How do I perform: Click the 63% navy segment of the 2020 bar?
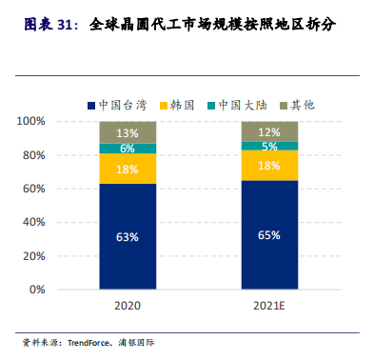click(x=128, y=236)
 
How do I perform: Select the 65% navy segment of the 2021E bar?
click(x=269, y=235)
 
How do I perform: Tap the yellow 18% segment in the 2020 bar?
click(x=128, y=169)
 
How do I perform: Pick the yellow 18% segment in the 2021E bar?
click(x=269, y=166)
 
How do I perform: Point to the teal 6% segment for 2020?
click(x=128, y=149)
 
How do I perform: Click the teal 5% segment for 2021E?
click(x=269, y=146)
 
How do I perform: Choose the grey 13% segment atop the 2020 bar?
click(x=128, y=132)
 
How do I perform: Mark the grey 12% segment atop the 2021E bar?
click(x=269, y=131)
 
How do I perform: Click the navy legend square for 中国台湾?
click(x=91, y=106)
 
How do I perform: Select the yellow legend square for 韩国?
click(x=164, y=106)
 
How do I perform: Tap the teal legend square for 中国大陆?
click(x=211, y=106)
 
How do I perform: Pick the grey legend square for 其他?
click(x=284, y=106)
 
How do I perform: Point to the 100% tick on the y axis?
click(x=30, y=121)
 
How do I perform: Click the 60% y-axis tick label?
click(x=33, y=189)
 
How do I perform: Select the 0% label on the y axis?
click(x=37, y=290)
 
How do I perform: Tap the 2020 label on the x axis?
click(x=128, y=306)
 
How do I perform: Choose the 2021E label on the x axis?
click(x=269, y=306)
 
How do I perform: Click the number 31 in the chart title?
click(x=66, y=25)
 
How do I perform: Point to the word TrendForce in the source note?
click(x=89, y=343)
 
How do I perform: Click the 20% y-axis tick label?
click(x=33, y=256)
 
